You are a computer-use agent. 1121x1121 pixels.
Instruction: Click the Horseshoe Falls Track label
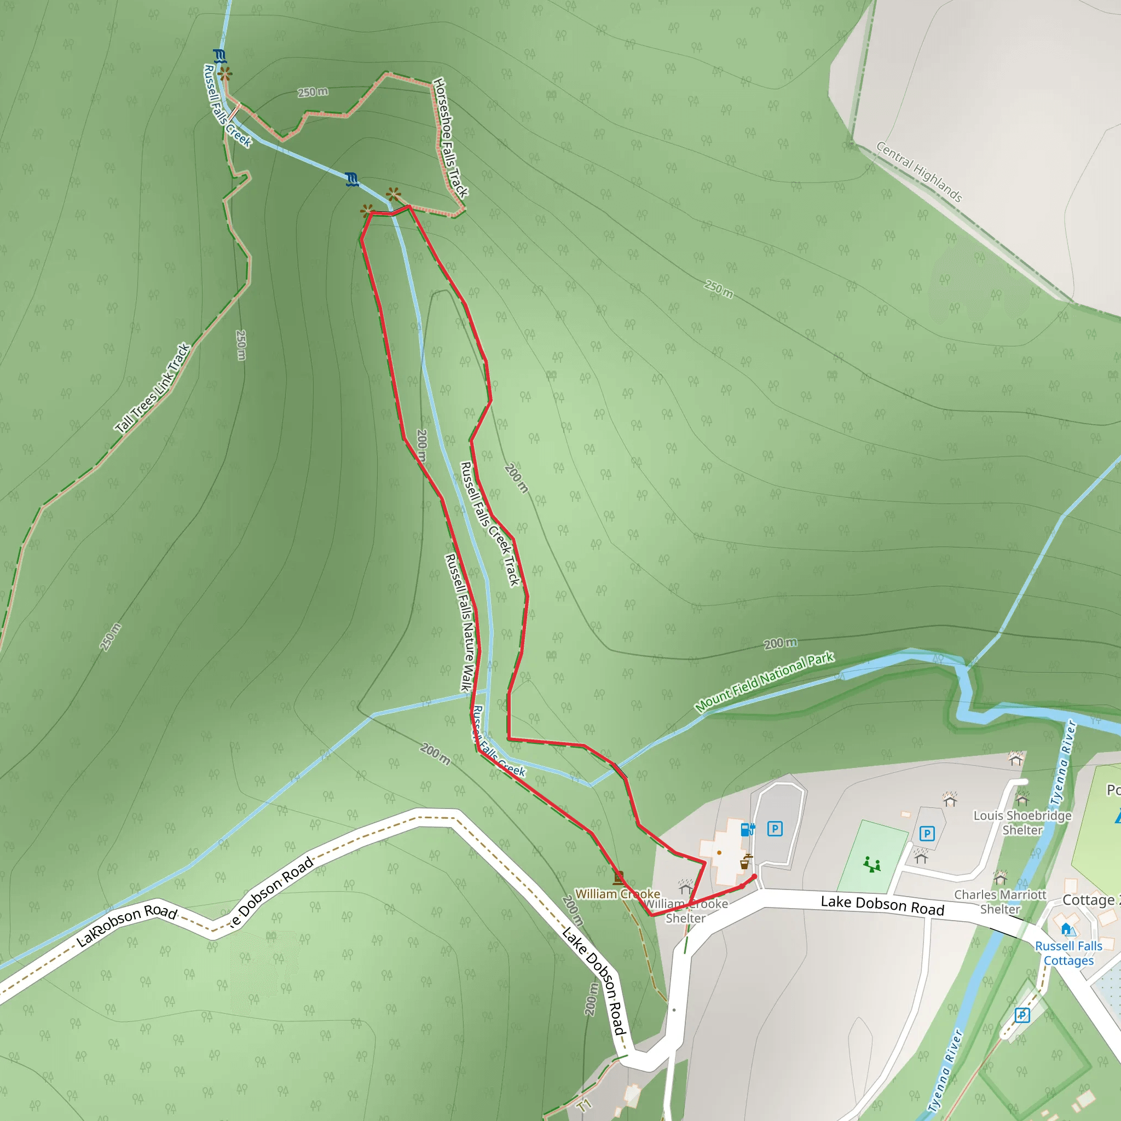coord(450,137)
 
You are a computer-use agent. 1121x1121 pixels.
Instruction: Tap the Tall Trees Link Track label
coord(153,388)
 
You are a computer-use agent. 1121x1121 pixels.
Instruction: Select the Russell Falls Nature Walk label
coord(460,622)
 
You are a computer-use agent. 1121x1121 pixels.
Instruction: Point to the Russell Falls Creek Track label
coord(490,524)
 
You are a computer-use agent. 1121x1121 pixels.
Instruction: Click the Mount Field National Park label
coord(764,683)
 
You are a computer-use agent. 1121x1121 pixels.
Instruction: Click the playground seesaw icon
coord(871,864)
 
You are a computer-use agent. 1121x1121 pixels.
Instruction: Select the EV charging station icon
coord(747,830)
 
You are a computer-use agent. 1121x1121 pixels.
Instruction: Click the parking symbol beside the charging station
coord(775,829)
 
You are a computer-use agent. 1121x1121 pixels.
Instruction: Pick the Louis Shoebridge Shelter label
coord(1022,823)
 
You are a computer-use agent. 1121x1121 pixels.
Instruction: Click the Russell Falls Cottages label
coord(1068,954)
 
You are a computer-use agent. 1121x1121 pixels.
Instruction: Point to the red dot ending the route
coord(754,876)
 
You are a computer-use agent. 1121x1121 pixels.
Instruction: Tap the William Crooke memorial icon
coord(619,877)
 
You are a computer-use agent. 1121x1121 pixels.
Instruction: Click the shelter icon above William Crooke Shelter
coord(686,886)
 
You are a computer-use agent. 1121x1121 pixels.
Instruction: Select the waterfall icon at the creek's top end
coord(219,56)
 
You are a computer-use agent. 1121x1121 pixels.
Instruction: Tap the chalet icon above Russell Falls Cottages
coord(1066,929)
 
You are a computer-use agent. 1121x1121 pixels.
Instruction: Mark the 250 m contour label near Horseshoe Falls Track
coord(313,93)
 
